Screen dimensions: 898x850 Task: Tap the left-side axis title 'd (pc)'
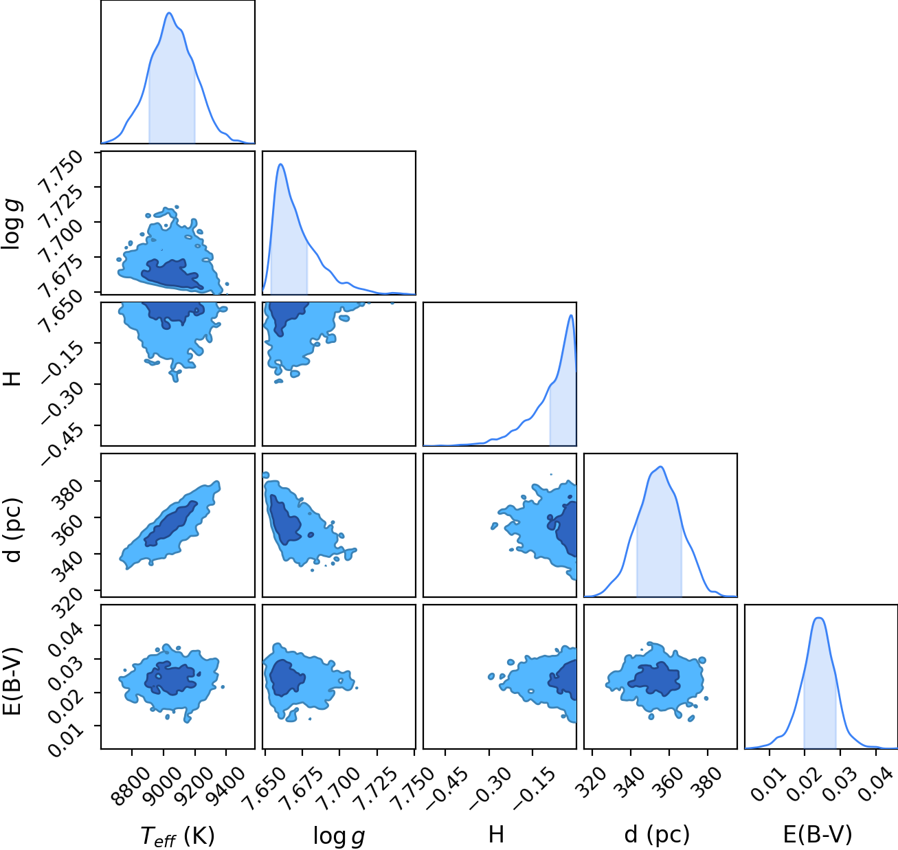(x=13, y=529)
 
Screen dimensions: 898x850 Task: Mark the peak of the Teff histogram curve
(x=169, y=13)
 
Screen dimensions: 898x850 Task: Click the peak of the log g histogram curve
(x=281, y=164)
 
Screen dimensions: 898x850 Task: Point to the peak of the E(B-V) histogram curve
(x=819, y=618)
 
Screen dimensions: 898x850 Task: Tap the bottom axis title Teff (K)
(x=177, y=836)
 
